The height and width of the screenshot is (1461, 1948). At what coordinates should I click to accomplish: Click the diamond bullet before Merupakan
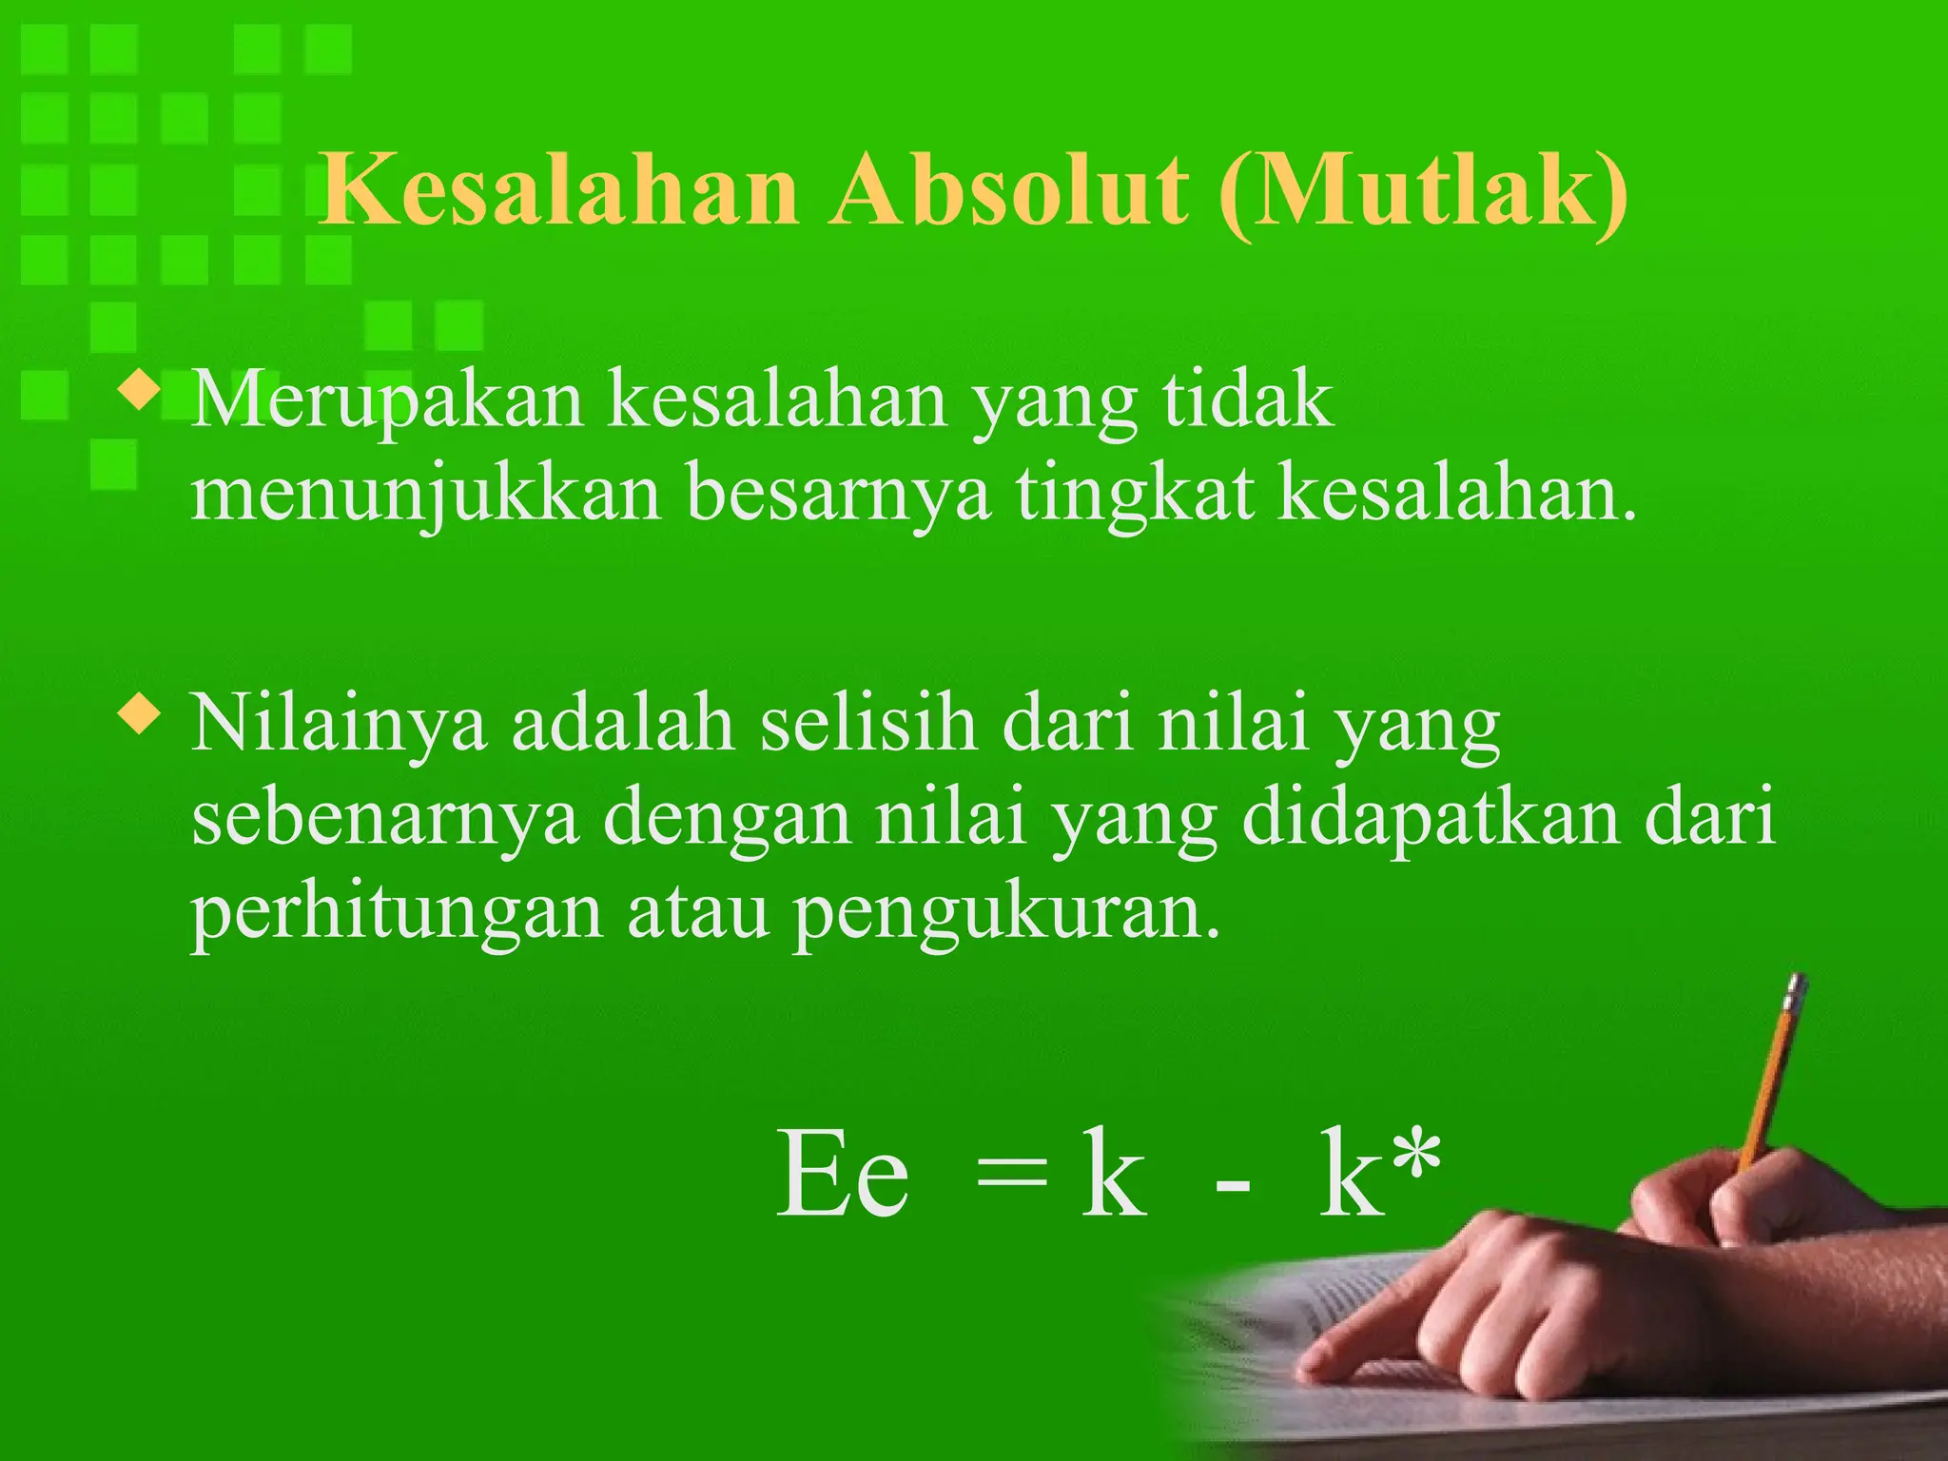coord(139,392)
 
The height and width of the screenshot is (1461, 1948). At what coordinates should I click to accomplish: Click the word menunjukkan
coord(425,497)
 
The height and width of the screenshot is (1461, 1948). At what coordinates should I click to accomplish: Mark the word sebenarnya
coord(385,820)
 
